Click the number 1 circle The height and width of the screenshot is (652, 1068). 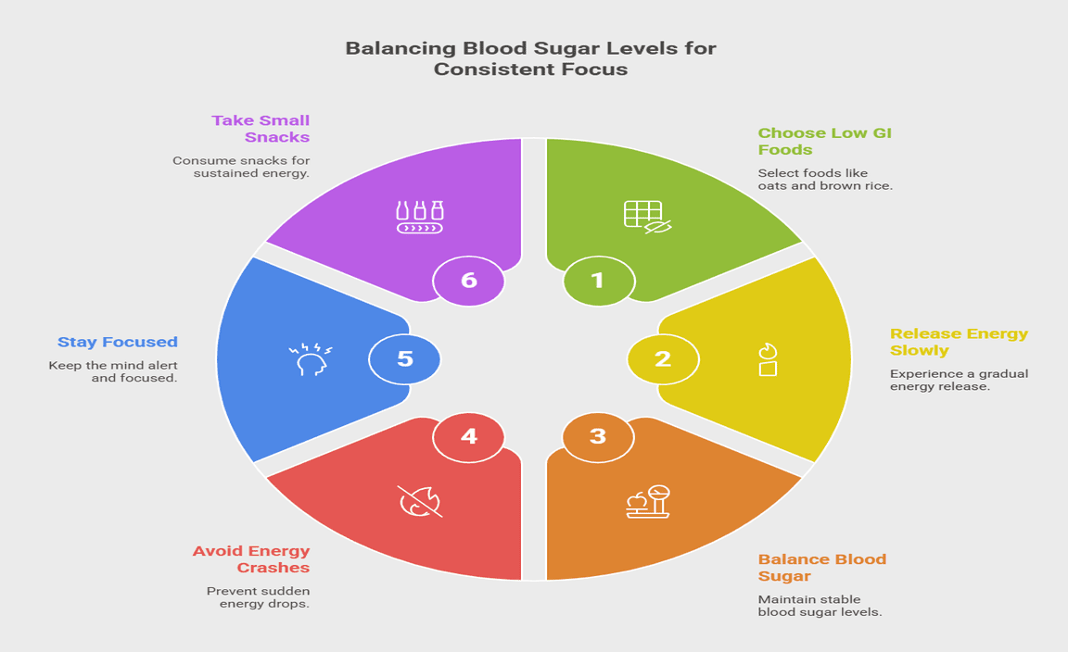[x=598, y=280]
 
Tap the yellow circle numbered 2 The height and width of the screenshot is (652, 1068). [x=662, y=358]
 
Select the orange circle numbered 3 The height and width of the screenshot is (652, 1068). [x=598, y=435]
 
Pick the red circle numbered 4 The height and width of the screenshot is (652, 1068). [x=469, y=435]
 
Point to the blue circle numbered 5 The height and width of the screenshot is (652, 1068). [x=405, y=358]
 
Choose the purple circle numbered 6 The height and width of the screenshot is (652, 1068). [x=469, y=280]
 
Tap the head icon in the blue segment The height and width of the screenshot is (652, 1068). [x=310, y=358]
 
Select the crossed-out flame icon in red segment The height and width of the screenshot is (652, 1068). [x=420, y=501]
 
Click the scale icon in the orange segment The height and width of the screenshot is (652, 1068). [x=648, y=501]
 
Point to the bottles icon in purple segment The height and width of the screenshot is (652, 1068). [x=420, y=216]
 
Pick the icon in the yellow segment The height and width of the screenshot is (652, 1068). [x=767, y=359]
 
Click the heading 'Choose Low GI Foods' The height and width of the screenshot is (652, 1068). [x=824, y=141]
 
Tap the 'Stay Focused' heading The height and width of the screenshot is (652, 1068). [x=118, y=342]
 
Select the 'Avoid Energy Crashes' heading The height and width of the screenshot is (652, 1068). [x=251, y=558]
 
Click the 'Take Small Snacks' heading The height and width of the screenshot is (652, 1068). [x=261, y=128]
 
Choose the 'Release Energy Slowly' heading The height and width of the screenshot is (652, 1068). [x=959, y=342]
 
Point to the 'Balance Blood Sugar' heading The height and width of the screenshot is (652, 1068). [x=821, y=567]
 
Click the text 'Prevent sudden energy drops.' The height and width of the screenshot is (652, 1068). [x=258, y=597]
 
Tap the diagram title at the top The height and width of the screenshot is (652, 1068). [x=530, y=57]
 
